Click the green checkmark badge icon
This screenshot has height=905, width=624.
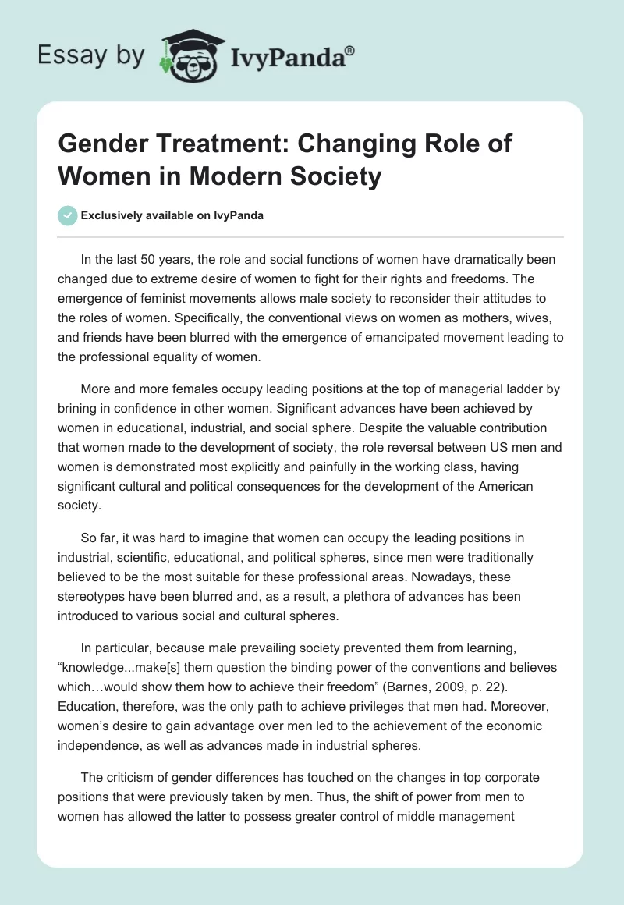[x=69, y=215]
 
